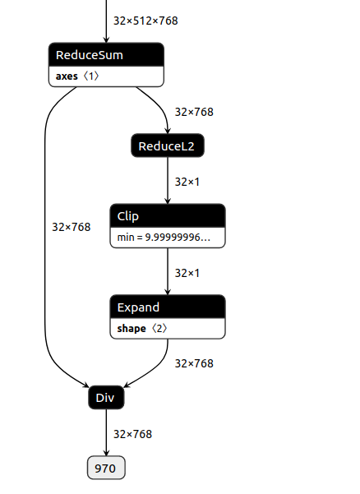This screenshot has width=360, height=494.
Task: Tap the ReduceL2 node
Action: [168, 146]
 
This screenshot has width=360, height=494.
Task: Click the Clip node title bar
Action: [168, 215]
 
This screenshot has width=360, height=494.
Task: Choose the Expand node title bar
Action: [168, 307]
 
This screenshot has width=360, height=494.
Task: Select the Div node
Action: [105, 398]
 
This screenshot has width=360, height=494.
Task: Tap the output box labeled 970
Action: [106, 469]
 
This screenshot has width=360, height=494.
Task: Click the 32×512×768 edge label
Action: [145, 21]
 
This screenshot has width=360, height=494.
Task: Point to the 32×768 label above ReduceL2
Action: [194, 112]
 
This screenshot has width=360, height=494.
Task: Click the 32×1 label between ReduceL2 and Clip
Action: [187, 181]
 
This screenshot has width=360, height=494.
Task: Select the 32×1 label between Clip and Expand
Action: [187, 272]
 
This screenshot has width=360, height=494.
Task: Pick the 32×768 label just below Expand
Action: [194, 362]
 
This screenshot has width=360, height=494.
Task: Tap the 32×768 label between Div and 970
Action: [132, 433]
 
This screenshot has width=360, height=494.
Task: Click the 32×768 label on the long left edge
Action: [71, 226]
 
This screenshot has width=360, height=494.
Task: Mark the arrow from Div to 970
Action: [106, 433]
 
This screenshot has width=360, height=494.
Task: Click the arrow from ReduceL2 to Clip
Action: [168, 181]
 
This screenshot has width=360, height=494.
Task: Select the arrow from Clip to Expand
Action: [168, 272]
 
